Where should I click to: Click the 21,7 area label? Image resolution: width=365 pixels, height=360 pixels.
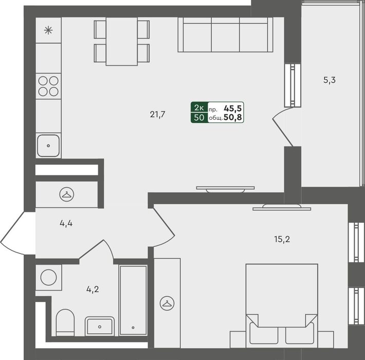[x=158, y=115]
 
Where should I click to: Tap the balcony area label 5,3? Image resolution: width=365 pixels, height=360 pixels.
[x=330, y=80]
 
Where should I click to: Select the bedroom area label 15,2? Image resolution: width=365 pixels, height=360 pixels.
[x=282, y=239]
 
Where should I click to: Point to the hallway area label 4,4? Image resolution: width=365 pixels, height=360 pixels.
[x=66, y=224]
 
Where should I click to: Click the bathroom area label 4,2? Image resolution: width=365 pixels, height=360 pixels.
[x=93, y=289]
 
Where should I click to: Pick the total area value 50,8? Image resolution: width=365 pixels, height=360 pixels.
[x=232, y=118]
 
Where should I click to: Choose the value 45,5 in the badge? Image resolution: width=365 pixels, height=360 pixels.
[x=232, y=109]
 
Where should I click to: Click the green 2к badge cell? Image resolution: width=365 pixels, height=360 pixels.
[x=199, y=107]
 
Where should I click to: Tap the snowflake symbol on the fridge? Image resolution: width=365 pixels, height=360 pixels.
[x=48, y=30]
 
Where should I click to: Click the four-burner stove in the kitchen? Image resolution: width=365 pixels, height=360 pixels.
[x=48, y=86]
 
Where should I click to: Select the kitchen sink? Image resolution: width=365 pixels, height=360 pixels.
[x=48, y=146]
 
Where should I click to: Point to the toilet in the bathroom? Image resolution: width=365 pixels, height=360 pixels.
[x=65, y=322]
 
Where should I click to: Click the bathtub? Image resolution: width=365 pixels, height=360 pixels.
[x=133, y=300]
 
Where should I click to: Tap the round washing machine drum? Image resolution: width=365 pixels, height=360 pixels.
[x=49, y=277]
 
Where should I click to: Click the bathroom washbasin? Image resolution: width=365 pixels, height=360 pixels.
[x=100, y=326]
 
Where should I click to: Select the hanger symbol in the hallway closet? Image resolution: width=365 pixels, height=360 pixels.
[x=67, y=194]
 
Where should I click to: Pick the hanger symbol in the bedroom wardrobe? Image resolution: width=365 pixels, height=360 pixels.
[x=167, y=303]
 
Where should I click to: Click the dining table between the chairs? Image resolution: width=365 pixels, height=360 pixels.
[x=121, y=41]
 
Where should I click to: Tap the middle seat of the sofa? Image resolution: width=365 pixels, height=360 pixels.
[x=225, y=37]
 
